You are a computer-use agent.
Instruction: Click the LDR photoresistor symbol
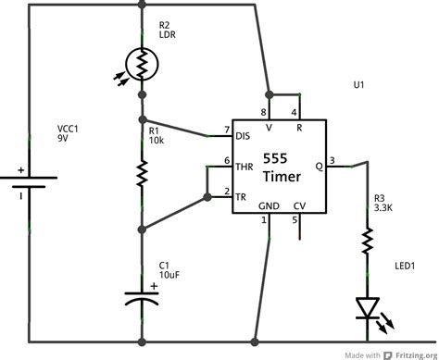pyautogui.click(x=142, y=64)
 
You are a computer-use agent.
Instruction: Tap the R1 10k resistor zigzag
pyautogui.click(x=142, y=172)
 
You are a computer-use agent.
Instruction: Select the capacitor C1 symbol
pyautogui.click(x=142, y=298)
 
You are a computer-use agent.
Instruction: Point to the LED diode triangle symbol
pyautogui.click(x=368, y=306)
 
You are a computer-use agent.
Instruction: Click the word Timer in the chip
pyautogui.click(x=281, y=177)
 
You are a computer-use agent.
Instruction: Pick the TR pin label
pyautogui.click(x=243, y=195)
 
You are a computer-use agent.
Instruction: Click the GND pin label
pyautogui.click(x=269, y=207)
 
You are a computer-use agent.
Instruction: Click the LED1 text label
pyautogui.click(x=404, y=266)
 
